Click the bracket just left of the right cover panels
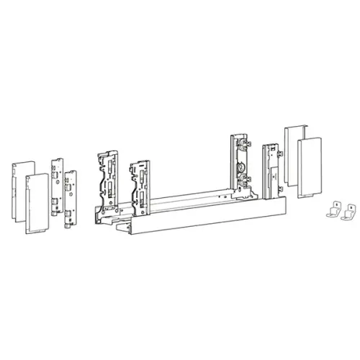point(272,169)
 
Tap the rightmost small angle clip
point(348,214)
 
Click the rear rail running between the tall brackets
point(191,195)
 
